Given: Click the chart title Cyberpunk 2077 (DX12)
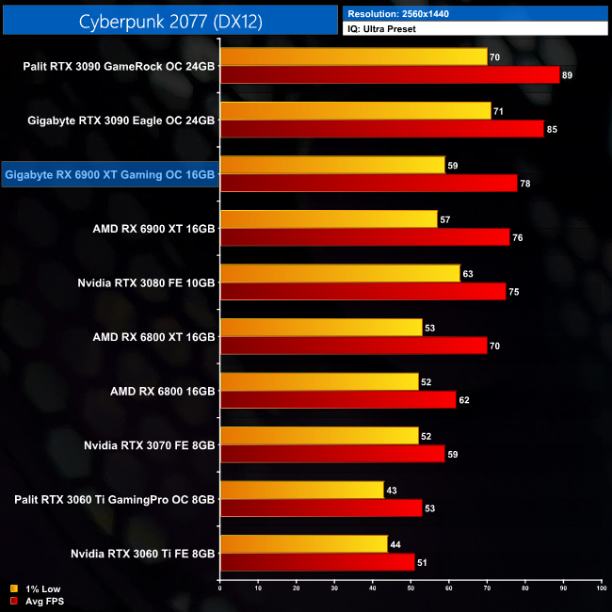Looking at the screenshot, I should [169, 19].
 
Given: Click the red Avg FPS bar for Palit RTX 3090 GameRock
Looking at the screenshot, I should [389, 75].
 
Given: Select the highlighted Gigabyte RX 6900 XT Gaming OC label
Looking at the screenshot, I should [110, 174].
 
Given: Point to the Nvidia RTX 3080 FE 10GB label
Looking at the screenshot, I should [147, 282].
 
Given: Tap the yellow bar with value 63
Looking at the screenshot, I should [339, 273].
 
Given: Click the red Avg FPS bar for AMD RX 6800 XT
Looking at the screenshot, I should [353, 345].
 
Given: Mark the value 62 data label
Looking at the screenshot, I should [464, 399].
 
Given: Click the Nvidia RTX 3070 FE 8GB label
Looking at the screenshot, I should [150, 444].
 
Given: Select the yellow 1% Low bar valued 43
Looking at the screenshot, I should [301, 490].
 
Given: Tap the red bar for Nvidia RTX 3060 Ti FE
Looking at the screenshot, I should [316, 562].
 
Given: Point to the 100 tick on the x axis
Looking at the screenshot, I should [601, 588].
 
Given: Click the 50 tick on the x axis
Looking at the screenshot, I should [411, 588].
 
